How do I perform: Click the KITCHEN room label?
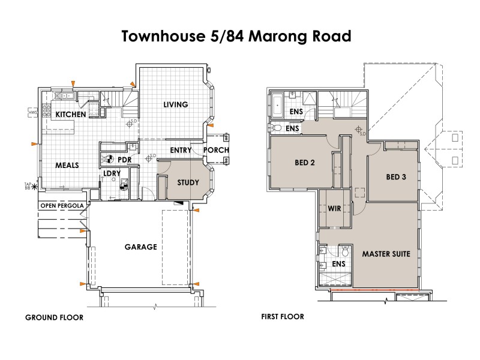point(70,114)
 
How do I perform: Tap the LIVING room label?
point(176,104)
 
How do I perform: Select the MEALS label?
point(67,164)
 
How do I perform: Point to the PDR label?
point(124,160)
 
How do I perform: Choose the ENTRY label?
point(181,150)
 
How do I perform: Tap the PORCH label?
point(216,150)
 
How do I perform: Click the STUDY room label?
point(188,183)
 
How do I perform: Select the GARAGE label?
point(140,247)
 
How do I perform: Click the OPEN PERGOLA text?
point(62,206)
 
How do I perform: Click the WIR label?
point(334,209)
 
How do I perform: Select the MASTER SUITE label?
point(386,254)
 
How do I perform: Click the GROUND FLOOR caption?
point(54,317)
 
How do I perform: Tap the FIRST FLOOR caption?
point(283,317)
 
